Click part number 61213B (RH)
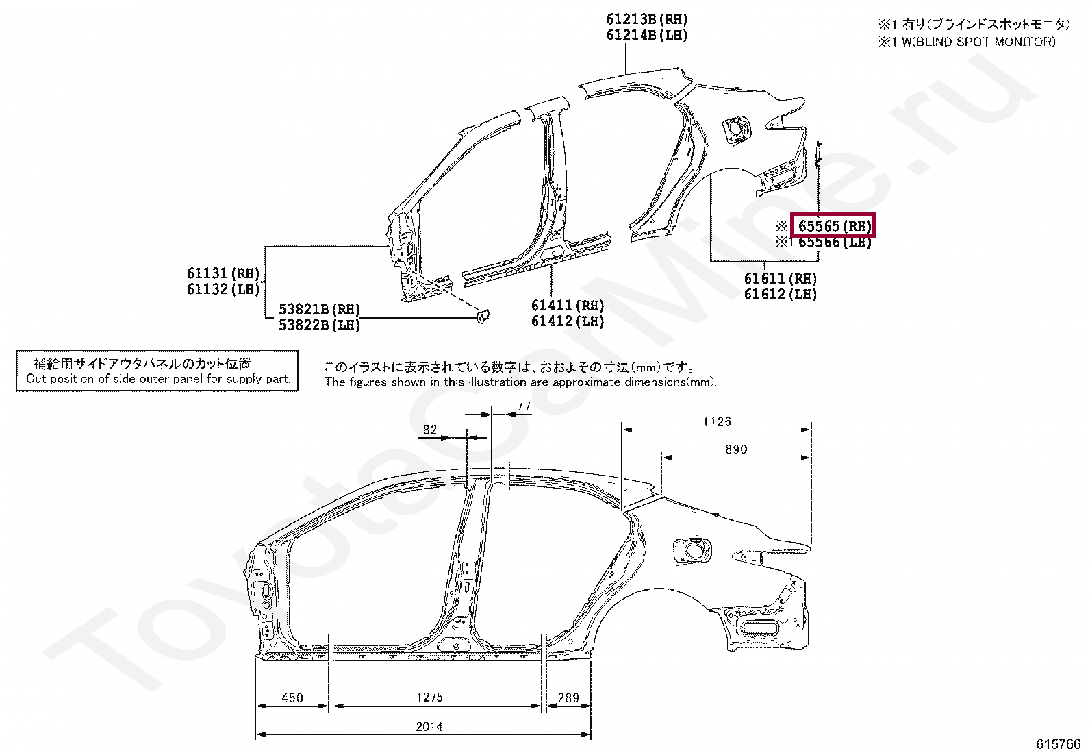tap(646, 20)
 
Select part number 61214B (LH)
tap(646, 36)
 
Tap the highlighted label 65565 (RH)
tap(833, 226)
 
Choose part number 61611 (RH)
tap(781, 279)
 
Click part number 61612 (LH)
tap(781, 295)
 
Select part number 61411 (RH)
tap(568, 306)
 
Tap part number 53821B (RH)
tap(319, 310)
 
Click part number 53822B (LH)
tap(319, 325)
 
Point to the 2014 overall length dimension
tap(429, 726)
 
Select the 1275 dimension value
tap(430, 698)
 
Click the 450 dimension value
tap(292, 698)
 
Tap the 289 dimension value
tap(568, 698)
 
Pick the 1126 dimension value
tap(717, 422)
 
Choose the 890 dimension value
tap(736, 449)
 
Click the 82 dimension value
tap(430, 430)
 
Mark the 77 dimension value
tap(524, 406)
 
